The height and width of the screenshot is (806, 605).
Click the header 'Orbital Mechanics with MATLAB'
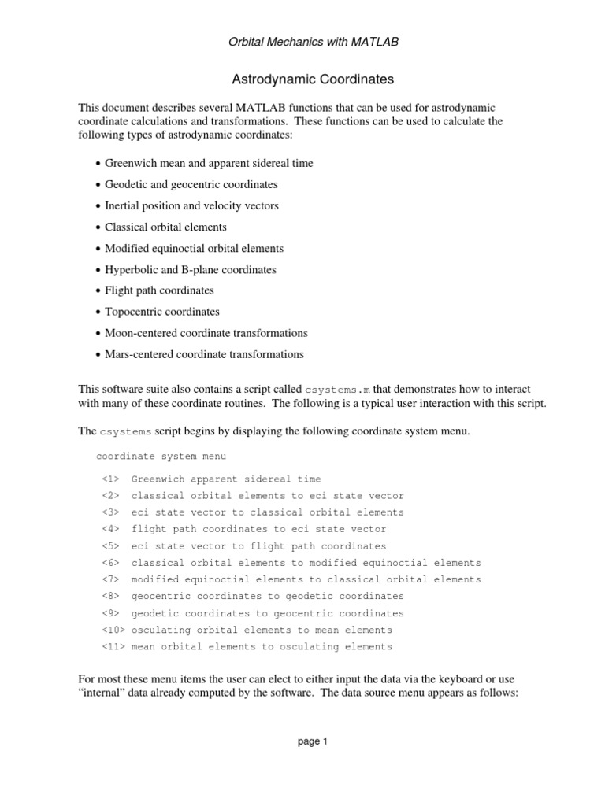pos(302,42)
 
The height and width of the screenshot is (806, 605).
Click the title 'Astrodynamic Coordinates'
pos(302,79)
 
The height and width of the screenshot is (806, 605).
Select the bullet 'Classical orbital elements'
pos(165,227)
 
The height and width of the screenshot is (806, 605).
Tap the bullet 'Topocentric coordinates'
pos(162,312)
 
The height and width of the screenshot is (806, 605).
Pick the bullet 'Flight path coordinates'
pos(159,290)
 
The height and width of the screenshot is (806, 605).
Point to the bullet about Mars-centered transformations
pos(204,354)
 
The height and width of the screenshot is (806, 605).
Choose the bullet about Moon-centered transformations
pos(206,333)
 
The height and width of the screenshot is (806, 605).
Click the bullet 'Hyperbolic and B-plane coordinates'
pos(191,269)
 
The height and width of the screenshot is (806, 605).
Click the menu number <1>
pos(110,479)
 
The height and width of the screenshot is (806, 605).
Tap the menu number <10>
pos(113,630)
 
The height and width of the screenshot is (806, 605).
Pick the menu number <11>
pos(113,647)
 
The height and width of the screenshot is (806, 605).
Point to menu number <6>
pos(110,563)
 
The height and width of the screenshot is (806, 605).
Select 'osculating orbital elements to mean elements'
pos(262,630)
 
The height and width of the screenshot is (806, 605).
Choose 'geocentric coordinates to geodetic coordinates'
pos(267,596)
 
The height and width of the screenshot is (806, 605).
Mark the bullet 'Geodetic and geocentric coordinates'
pos(191,184)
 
